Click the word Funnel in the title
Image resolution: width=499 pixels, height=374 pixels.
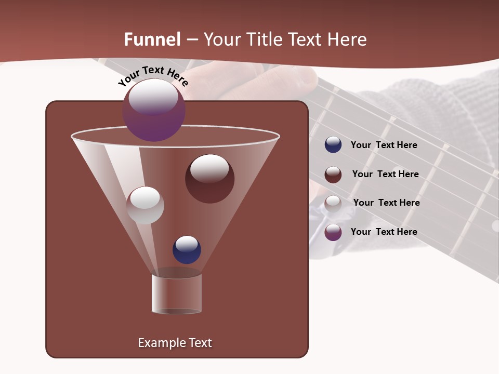[x=152, y=39]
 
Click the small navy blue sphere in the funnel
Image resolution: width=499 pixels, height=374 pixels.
[x=187, y=250]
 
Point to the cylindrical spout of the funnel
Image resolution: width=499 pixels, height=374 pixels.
[x=177, y=293]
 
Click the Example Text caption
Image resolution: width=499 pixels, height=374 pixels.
[x=175, y=343]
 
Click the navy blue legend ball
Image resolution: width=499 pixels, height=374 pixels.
[x=333, y=145]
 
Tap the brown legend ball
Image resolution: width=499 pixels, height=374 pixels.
[x=333, y=174]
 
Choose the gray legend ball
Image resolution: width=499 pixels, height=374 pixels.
[x=333, y=203]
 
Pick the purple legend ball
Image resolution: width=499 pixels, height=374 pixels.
[x=333, y=232]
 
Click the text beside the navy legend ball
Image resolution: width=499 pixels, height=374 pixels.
[x=384, y=145]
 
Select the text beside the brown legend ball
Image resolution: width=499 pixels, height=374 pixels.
[x=385, y=174]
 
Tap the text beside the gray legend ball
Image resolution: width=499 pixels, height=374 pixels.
[x=386, y=203]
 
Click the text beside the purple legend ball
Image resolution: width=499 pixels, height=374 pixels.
[x=384, y=232]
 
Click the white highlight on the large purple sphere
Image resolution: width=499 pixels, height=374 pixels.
[x=153, y=98]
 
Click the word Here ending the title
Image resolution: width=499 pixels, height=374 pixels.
[x=348, y=39]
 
